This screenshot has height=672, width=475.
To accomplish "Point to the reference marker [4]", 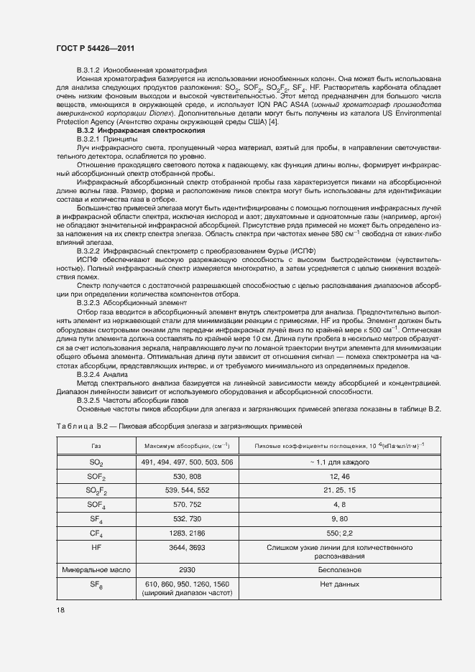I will click(273, 123).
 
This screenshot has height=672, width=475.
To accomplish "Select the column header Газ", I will click(96, 447).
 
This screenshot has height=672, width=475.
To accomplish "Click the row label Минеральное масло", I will click(96, 566).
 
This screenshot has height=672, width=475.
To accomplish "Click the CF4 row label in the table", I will click(96, 533).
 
